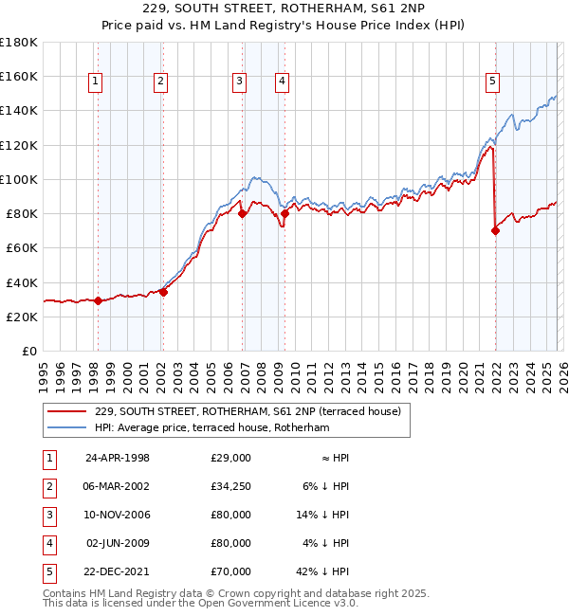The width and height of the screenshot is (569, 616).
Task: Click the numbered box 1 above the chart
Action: pos(97,82)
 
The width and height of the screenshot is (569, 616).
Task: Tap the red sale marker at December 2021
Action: pos(495,230)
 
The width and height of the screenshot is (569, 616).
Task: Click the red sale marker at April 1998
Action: pos(98,300)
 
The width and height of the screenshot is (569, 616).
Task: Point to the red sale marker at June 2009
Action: pos(284,213)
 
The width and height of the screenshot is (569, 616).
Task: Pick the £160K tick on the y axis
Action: pos(19,76)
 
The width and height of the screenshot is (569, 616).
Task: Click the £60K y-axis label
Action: pos(21,247)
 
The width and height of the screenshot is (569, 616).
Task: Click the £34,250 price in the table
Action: pos(230,485)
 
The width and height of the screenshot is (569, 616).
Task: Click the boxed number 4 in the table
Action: pos(47,542)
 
